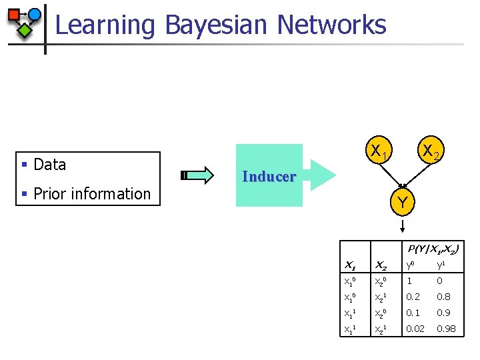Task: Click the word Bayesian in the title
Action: click(x=217, y=25)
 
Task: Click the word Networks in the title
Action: click(x=331, y=25)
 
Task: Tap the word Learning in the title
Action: click(x=105, y=25)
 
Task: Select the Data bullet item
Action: click(x=49, y=165)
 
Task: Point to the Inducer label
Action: click(x=269, y=177)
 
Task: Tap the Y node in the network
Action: click(x=402, y=201)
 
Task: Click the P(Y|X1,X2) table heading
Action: click(x=433, y=249)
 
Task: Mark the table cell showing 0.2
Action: click(x=413, y=297)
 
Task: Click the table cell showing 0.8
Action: click(x=444, y=297)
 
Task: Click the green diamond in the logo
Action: click(x=25, y=30)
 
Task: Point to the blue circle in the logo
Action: click(x=34, y=14)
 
